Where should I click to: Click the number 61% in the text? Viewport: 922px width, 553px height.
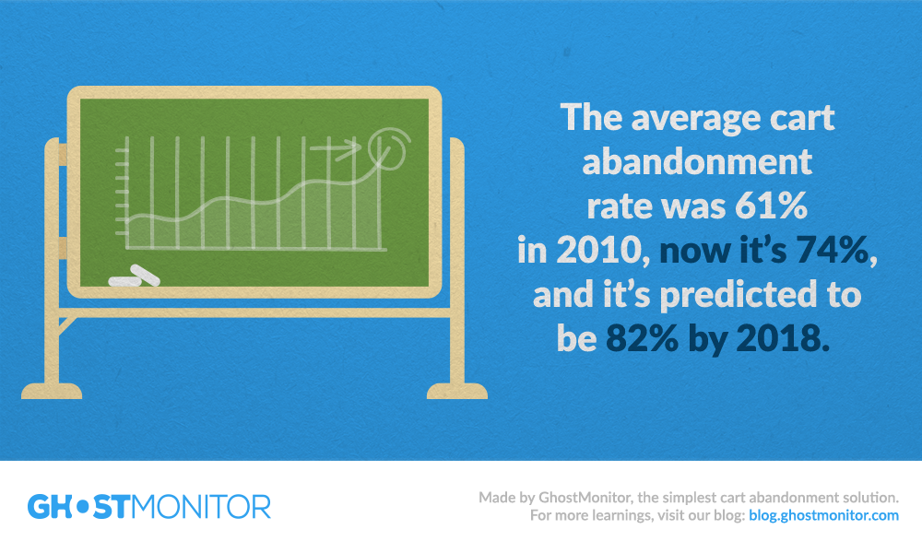point(771,206)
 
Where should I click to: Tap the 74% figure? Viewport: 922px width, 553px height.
point(832,251)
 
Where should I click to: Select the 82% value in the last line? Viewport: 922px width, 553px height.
point(642,338)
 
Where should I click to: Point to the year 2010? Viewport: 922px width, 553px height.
point(598,251)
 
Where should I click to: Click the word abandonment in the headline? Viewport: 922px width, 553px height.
point(697,161)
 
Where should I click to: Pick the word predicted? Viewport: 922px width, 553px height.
point(738,295)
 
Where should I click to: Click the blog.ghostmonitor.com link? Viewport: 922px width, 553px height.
point(823,515)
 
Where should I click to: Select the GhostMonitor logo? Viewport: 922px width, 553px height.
point(149,507)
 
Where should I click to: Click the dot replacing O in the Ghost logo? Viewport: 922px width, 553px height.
point(83,507)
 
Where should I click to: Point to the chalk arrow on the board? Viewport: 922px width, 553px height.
point(337,149)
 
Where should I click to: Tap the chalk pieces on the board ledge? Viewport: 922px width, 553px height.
point(135,276)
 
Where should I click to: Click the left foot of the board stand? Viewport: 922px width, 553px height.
point(52,391)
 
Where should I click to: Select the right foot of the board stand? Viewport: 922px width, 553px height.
point(457,391)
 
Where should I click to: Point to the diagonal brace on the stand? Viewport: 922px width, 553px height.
point(67,326)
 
